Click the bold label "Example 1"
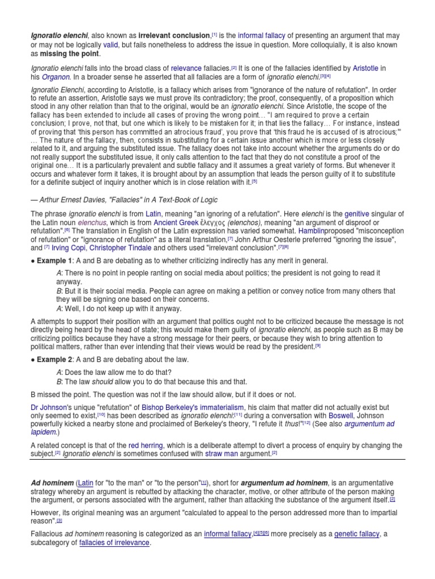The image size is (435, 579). pyautogui.click(x=55, y=260)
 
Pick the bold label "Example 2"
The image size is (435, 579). pyautogui.click(x=55, y=360)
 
